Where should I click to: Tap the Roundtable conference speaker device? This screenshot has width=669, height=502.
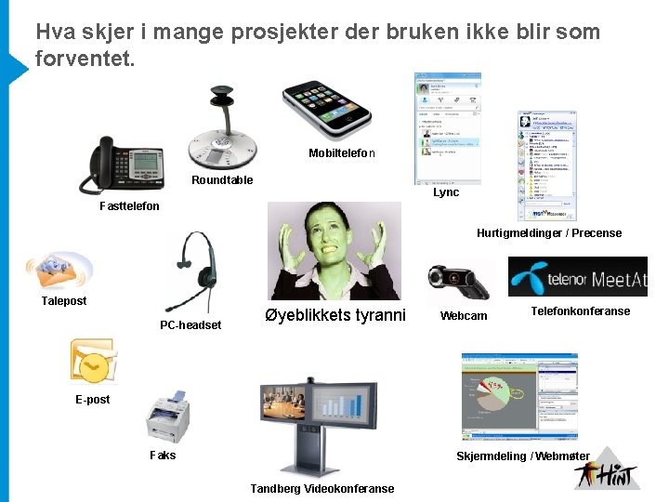point(221,135)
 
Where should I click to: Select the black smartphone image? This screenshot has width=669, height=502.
point(327,103)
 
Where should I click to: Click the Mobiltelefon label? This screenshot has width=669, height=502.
point(341,152)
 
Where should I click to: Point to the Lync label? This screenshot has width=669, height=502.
point(446,192)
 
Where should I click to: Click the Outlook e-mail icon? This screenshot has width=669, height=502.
point(93,362)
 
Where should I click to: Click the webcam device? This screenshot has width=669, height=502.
point(454,282)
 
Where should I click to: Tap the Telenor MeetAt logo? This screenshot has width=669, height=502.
point(577,277)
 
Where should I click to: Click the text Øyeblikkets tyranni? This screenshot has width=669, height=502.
point(335,315)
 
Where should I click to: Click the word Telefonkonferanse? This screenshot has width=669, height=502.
point(580,311)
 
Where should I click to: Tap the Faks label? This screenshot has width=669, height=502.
point(163,456)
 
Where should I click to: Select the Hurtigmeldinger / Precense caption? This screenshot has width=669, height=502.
point(549,233)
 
